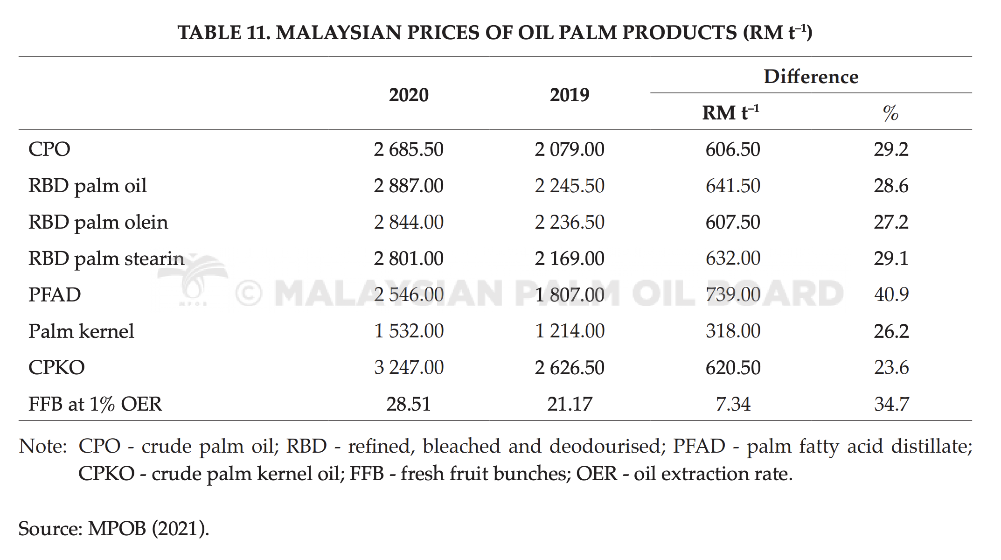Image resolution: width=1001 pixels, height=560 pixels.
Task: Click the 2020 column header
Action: coord(409,95)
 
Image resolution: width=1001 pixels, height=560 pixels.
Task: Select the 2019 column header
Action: coord(570,95)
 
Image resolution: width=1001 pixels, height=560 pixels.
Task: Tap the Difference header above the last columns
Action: coord(811,77)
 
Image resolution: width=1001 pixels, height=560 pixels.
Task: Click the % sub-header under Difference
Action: coord(891,113)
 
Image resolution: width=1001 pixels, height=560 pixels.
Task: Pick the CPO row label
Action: coord(49,149)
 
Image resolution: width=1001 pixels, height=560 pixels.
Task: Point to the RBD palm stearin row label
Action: coord(106,259)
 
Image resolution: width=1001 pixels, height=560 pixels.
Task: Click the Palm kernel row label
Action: coord(81,331)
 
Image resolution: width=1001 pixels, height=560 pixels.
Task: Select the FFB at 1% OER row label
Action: coord(95,404)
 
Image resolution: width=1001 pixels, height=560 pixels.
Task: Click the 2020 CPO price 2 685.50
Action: coord(409,149)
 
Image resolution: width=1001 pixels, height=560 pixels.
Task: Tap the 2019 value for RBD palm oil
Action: coord(570,186)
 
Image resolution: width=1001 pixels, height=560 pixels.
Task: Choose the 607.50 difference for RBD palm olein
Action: coord(733,222)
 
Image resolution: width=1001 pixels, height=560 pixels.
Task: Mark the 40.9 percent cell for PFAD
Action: coord(891,294)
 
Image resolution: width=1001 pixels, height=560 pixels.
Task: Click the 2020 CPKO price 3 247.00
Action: coord(409,368)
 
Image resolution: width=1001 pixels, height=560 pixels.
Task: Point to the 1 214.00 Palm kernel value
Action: coord(570,331)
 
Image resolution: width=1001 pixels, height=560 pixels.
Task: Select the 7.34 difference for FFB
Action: coord(733,404)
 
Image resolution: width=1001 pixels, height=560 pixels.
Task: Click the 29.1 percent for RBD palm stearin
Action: coord(891,259)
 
